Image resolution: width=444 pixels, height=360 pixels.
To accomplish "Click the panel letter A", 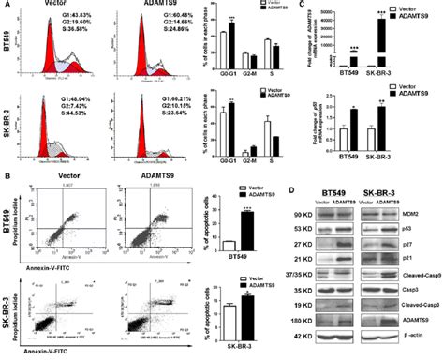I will (x=7, y=6).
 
